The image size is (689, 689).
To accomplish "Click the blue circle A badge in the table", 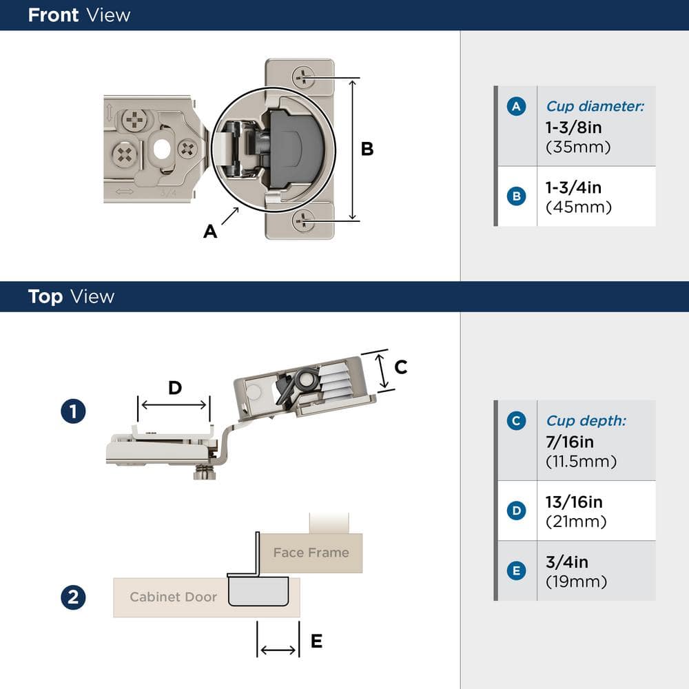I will click(x=516, y=106).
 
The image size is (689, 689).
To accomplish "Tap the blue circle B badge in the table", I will click(x=516, y=196).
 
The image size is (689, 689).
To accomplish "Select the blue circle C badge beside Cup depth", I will click(x=516, y=420).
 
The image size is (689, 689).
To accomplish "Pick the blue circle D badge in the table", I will click(x=516, y=511).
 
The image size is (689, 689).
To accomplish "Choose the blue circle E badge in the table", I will click(x=516, y=570).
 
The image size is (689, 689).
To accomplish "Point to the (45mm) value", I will click(x=578, y=207).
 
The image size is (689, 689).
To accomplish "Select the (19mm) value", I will click(x=576, y=582).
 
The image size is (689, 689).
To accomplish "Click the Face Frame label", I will click(x=311, y=553).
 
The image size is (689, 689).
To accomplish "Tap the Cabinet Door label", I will click(x=173, y=597).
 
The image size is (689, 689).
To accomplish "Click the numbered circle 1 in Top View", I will click(x=73, y=412).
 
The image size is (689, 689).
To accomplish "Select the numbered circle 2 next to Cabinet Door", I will click(x=73, y=597).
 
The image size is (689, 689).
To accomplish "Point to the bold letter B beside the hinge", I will click(x=367, y=149).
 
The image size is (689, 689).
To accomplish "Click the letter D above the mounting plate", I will click(x=175, y=388).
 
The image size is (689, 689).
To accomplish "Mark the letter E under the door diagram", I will click(x=316, y=641).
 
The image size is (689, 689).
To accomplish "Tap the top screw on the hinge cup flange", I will click(x=303, y=76).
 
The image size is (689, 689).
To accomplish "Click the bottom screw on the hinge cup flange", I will click(x=303, y=220).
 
